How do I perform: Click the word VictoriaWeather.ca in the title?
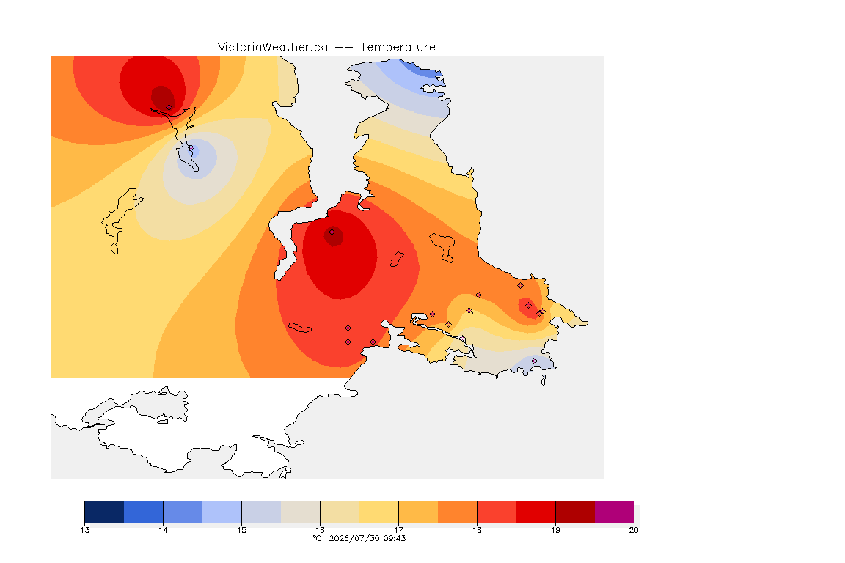[273, 48]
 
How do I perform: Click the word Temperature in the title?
[398, 48]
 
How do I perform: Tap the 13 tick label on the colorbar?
[84, 530]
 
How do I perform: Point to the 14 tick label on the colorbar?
[164, 530]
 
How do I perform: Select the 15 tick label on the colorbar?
[241, 530]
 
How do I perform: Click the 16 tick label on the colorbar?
[320, 530]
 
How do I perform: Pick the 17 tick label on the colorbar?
[399, 530]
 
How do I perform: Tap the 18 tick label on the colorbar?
[477, 530]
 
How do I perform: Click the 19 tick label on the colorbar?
[555, 530]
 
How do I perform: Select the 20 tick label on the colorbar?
[634, 530]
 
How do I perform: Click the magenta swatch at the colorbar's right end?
[615, 512]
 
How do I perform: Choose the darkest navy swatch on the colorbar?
[105, 512]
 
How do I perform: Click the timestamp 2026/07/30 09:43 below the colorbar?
[367, 538]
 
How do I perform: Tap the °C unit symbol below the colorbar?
[318, 538]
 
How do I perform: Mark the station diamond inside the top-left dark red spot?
[169, 108]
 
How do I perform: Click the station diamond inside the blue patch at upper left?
[191, 148]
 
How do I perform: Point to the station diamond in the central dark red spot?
[332, 232]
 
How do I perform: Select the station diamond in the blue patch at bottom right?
[535, 361]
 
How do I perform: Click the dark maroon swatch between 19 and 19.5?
[575, 512]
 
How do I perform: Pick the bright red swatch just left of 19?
[535, 512]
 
